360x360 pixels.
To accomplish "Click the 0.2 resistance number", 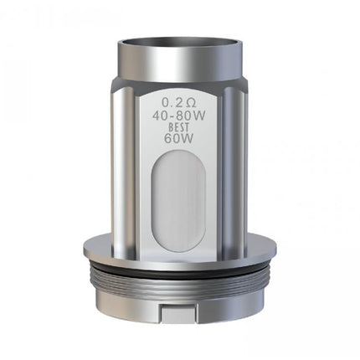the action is (x=170, y=103).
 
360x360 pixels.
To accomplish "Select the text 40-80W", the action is (x=179, y=116).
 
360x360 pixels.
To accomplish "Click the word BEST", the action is (x=178, y=128).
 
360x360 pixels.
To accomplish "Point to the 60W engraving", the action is (x=179, y=139).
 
